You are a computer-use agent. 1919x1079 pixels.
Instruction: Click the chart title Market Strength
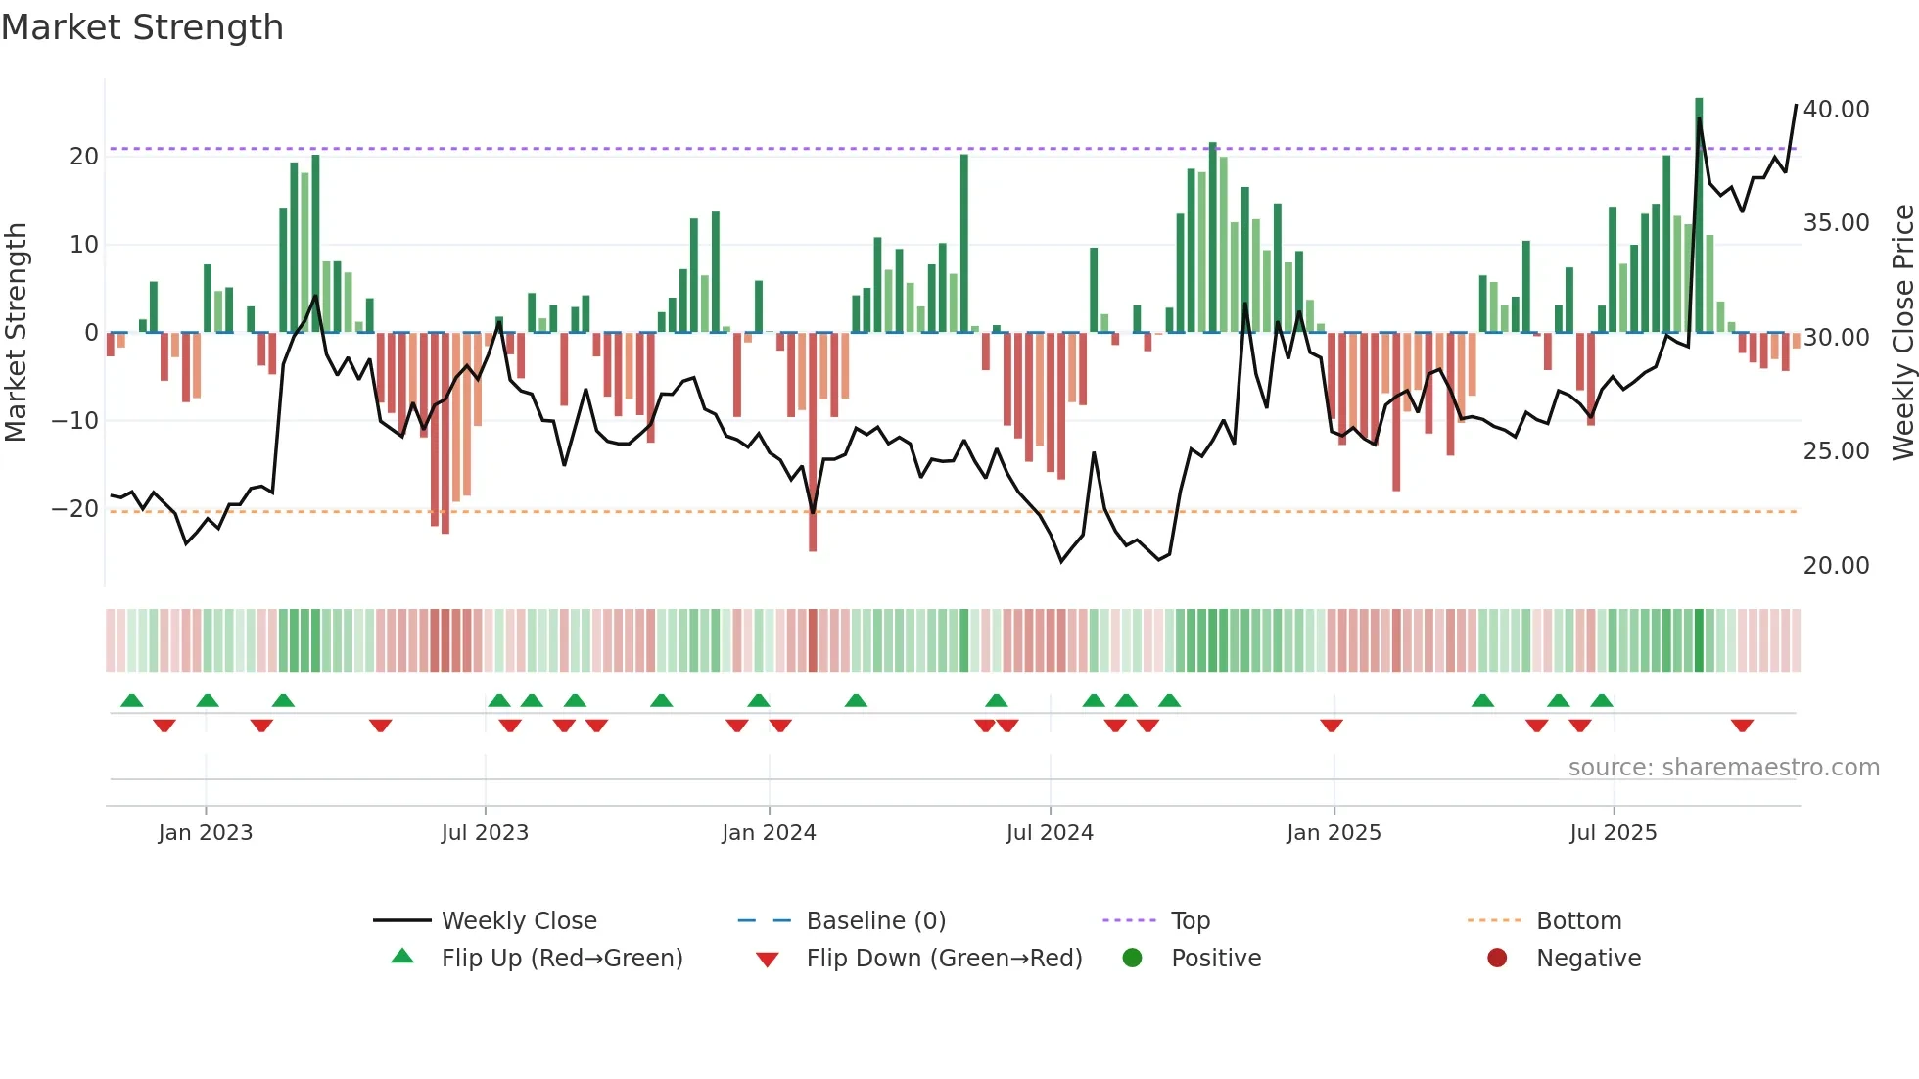[142, 27]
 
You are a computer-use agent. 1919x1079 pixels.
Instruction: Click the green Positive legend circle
[1132, 958]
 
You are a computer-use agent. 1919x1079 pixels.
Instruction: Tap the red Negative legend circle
[1497, 958]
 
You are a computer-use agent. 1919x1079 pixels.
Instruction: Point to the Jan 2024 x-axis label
[769, 832]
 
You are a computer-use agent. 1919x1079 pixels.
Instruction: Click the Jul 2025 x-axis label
[1613, 832]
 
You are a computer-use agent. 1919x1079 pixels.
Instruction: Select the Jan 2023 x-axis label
[206, 832]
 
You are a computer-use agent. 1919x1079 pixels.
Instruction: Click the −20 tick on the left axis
[75, 509]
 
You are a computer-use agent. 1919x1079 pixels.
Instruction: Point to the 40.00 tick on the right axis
[1836, 109]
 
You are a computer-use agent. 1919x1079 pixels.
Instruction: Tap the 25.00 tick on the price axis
[1836, 450]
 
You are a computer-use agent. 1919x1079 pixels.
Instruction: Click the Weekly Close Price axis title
[1902, 333]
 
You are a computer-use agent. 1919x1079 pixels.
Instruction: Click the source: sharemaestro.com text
[1723, 767]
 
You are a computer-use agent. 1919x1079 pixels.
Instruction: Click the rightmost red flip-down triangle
[1742, 726]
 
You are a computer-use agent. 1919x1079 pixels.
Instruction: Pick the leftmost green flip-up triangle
[132, 700]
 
